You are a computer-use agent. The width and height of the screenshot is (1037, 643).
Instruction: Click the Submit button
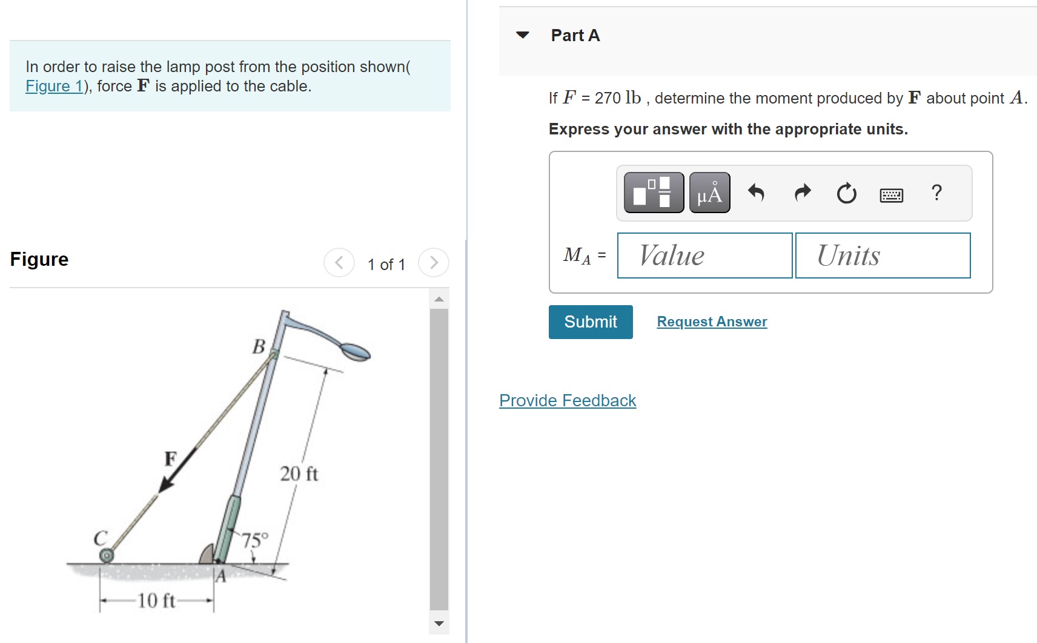click(x=591, y=322)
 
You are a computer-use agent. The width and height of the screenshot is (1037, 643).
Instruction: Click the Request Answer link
click(x=712, y=322)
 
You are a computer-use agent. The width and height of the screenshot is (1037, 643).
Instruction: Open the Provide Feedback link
click(x=568, y=401)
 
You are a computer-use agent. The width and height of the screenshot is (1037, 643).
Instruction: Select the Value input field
click(x=704, y=256)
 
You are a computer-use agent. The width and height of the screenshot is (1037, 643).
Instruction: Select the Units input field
click(x=883, y=256)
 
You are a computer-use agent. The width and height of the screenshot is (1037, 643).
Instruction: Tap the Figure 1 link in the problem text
click(x=55, y=87)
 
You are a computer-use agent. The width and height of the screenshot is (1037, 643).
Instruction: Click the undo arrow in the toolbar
click(x=756, y=193)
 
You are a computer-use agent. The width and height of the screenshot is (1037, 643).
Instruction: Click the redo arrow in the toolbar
click(x=803, y=193)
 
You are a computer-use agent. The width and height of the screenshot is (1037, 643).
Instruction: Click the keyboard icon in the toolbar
click(x=891, y=195)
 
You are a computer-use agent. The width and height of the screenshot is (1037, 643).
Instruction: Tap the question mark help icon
click(x=936, y=193)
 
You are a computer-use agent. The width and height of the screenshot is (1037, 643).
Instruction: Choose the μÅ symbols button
click(x=709, y=193)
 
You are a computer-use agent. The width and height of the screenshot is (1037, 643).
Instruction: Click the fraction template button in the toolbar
click(x=654, y=193)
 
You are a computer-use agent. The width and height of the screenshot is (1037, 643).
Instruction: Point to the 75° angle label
click(x=255, y=540)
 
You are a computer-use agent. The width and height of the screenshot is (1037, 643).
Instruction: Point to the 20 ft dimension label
click(x=299, y=473)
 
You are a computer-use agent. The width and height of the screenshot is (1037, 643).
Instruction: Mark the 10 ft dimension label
click(x=156, y=601)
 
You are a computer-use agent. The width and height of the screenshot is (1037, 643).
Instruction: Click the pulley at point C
click(x=107, y=555)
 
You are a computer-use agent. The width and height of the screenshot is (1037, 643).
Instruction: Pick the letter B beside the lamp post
click(x=259, y=346)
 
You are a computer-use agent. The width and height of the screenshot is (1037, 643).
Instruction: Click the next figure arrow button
click(x=433, y=263)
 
